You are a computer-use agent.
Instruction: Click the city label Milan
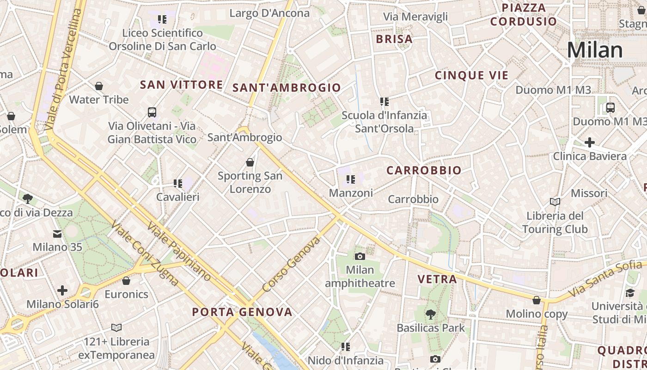pyautogui.click(x=595, y=50)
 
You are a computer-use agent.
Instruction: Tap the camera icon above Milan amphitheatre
pyautogui.click(x=360, y=256)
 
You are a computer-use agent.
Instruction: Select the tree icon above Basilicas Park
pyautogui.click(x=431, y=314)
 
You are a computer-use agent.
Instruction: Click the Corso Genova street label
pyautogui.click(x=291, y=264)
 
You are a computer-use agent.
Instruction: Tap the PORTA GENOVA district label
pyautogui.click(x=242, y=312)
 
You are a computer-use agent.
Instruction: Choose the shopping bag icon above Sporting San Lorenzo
pyautogui.click(x=250, y=162)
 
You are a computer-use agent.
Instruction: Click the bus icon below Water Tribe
pyautogui.click(x=152, y=112)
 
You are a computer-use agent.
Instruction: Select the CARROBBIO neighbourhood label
pyautogui.click(x=424, y=170)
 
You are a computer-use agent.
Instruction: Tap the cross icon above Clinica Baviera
pyautogui.click(x=590, y=142)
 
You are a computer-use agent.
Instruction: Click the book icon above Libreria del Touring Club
pyautogui.click(x=555, y=202)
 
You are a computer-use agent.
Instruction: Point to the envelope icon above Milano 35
pyautogui.click(x=57, y=234)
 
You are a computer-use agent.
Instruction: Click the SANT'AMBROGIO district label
pyautogui.click(x=287, y=87)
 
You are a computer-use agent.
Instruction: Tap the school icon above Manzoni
pyautogui.click(x=351, y=179)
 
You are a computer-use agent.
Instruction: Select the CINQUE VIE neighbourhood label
pyautogui.click(x=471, y=75)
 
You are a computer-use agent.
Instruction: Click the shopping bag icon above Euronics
pyautogui.click(x=126, y=281)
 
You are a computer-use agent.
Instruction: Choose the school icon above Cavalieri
pyautogui.click(x=178, y=184)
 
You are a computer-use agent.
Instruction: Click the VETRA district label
pyautogui.click(x=437, y=279)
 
